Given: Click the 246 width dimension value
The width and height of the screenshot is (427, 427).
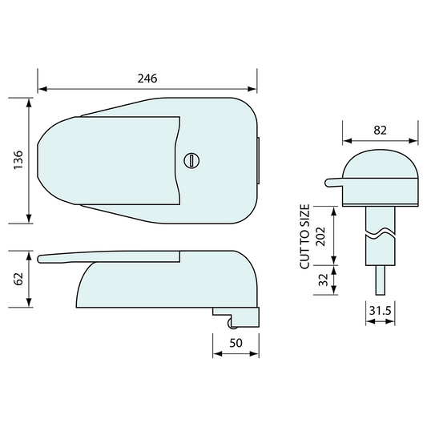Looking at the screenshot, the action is pos(147,79).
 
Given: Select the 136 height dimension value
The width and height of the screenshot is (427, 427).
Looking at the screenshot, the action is pos(18,160).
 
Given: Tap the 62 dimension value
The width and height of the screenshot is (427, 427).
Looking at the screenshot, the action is pos(18,279).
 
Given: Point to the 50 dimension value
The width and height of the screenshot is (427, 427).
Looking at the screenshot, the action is pos(236,343).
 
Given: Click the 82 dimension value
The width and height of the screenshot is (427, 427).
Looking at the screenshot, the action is pos(381,131).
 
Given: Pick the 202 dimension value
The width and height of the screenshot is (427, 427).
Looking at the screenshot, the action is pos(320,236).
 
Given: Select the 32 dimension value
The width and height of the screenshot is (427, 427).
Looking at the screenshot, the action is pos(324,280).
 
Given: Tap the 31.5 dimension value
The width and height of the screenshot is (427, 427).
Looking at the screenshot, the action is pos(381,311).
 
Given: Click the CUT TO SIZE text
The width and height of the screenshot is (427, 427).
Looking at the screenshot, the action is pos(305,236).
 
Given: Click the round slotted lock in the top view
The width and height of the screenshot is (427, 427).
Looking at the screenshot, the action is pos(191,161).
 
